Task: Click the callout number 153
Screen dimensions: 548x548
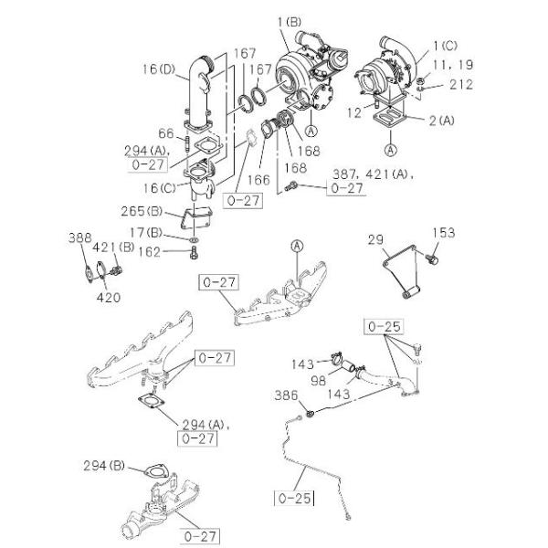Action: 443,234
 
